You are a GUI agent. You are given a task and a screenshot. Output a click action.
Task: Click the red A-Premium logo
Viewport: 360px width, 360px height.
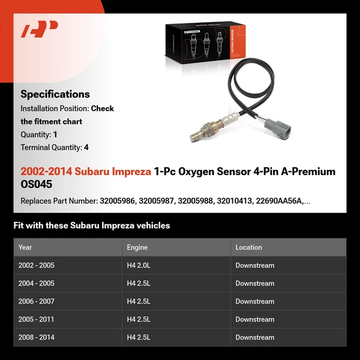[39, 29]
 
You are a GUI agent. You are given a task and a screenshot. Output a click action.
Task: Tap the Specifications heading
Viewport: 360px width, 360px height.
[55, 94]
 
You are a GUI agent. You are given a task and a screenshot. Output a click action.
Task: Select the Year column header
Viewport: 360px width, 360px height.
[25, 247]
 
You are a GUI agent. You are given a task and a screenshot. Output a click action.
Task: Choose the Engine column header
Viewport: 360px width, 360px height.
[137, 247]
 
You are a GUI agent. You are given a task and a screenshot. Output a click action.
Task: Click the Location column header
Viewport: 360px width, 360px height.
[248, 247]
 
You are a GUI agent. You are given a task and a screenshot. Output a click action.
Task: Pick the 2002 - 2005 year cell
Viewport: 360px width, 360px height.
[37, 265]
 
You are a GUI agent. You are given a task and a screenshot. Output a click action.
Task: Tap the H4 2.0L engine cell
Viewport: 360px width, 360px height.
[142, 265]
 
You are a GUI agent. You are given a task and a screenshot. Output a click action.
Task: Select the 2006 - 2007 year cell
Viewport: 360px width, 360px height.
[37, 301]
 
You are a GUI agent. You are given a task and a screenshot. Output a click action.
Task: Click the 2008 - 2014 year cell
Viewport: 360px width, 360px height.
[37, 337]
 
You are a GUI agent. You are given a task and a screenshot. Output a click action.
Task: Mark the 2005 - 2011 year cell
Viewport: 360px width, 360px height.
[37, 319]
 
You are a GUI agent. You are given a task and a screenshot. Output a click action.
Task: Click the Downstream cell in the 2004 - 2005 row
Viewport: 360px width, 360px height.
[254, 283]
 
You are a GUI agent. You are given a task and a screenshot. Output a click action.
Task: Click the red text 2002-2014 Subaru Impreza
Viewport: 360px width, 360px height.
[86, 172]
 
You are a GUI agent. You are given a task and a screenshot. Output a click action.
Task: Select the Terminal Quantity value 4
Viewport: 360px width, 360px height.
[86, 147]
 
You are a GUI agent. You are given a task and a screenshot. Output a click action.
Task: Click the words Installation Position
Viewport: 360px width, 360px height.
[54, 109]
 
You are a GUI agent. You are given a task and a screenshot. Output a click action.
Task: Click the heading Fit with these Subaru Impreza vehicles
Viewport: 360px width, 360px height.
[92, 226]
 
